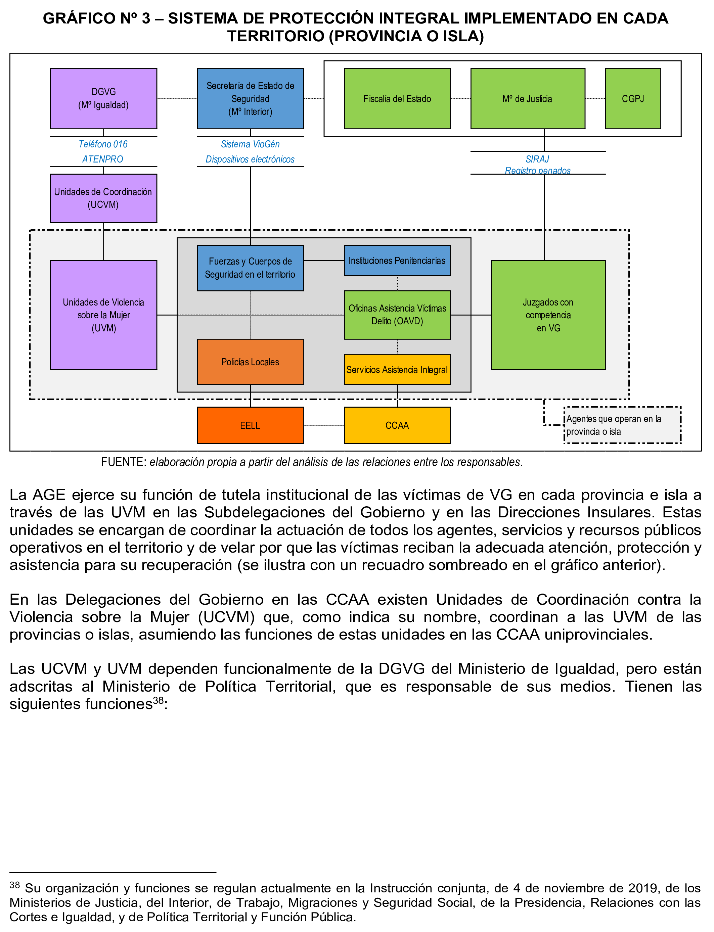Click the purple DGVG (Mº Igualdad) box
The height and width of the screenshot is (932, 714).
pos(103,99)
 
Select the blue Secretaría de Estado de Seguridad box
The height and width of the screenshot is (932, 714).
pos(250,99)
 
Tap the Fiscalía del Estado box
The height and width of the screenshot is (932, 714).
pos(397,99)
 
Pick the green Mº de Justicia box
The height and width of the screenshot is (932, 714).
pos(527,99)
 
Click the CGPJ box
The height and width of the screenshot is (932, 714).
pos(632,99)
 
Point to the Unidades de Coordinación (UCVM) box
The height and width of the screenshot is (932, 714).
pos(103,198)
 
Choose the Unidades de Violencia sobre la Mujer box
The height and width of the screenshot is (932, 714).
pos(103,315)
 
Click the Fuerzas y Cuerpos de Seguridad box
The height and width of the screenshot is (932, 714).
pos(250,268)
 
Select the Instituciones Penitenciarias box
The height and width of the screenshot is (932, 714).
pos(397,261)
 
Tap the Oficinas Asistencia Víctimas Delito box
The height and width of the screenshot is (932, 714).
pos(397,315)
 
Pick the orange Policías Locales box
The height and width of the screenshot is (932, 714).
pos(250,362)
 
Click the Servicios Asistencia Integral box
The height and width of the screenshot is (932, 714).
pos(397,370)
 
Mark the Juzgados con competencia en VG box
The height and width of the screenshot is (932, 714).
pos(548,315)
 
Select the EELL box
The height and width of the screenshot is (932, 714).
pos(250,425)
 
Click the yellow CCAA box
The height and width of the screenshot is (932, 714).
pos(397,425)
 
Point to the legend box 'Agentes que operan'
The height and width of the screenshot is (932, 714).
pos(622,425)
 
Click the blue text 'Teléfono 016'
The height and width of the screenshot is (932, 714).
pos(103,144)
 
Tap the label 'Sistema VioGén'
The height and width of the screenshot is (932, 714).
pos(250,144)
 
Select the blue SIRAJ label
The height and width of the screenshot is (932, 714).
pos(537,159)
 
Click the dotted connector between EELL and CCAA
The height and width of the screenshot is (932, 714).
pos(324,425)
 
